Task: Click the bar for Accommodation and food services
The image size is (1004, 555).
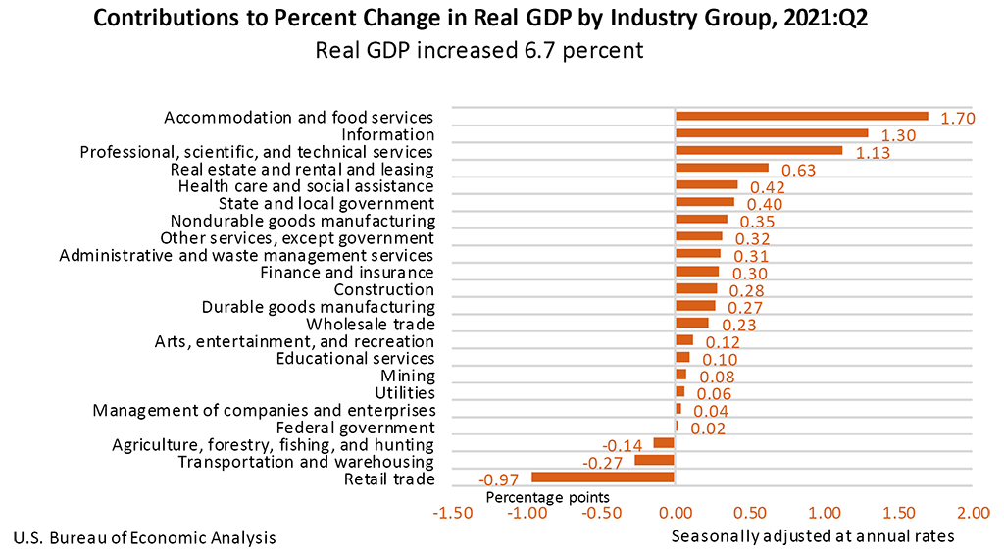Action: click(801, 116)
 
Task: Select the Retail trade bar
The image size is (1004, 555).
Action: click(603, 478)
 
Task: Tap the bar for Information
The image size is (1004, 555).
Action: click(772, 133)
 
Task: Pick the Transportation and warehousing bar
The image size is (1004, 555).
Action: click(654, 460)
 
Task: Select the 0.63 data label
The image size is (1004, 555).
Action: click(798, 171)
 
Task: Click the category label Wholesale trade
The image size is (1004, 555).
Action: click(370, 325)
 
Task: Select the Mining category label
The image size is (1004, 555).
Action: click(407, 377)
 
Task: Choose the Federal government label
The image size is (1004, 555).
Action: click(355, 429)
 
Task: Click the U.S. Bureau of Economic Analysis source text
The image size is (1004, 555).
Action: click(144, 538)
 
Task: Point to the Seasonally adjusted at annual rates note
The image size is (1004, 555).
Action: click(813, 537)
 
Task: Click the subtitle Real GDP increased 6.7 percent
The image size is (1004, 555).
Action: click(479, 50)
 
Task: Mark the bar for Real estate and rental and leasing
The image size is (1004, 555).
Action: click(722, 168)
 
